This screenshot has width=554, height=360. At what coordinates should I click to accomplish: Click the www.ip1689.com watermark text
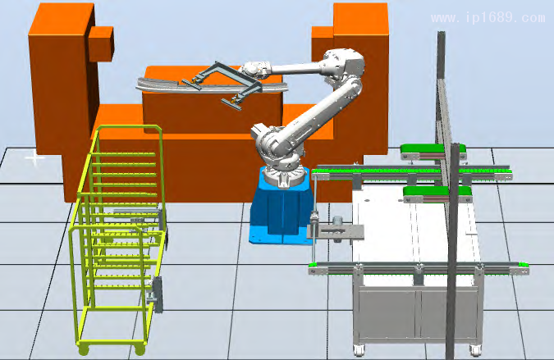click(488, 18)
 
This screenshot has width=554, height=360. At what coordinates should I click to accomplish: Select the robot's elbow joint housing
click(345, 63)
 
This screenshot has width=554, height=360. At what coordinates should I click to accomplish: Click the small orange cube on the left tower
click(102, 43)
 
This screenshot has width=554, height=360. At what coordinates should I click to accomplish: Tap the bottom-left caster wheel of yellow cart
click(84, 350)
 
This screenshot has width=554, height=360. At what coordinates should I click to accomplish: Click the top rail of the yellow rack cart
click(129, 127)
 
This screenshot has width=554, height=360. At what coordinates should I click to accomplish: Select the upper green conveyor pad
click(433, 149)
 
